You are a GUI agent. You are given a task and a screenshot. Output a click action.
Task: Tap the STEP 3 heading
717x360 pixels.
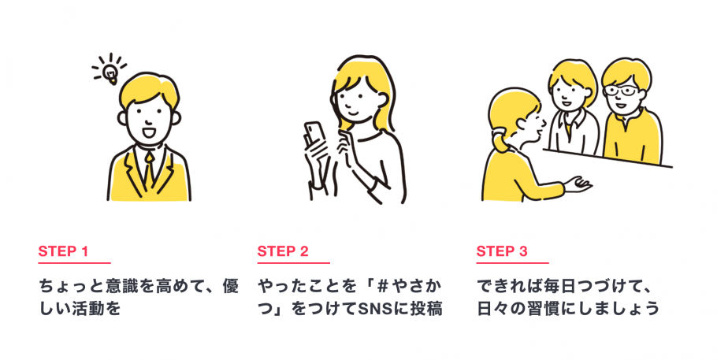[x=502, y=252]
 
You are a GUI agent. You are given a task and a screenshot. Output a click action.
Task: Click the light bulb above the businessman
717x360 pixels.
[x=110, y=72]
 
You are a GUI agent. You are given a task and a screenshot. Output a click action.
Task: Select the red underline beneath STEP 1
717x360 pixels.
[x=74, y=263]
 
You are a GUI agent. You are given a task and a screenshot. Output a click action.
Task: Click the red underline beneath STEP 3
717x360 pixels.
[x=512, y=263]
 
